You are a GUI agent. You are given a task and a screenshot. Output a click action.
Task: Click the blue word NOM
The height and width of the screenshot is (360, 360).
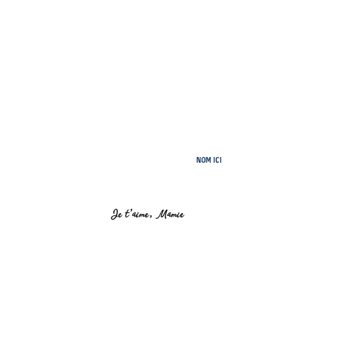[x=204, y=160]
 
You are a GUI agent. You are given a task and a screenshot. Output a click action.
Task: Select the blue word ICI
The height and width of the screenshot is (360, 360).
[x=217, y=160]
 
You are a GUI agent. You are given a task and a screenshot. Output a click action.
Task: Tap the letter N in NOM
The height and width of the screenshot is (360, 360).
[x=198, y=160]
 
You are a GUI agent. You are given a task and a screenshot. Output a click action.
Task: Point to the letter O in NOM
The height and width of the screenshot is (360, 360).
[x=203, y=160]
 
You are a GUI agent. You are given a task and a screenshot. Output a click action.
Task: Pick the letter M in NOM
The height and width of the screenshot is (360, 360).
[x=208, y=160]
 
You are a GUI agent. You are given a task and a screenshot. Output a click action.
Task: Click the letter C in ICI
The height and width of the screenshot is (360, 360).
[x=217, y=160]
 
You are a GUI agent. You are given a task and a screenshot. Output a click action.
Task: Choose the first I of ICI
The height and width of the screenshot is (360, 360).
[x=214, y=160]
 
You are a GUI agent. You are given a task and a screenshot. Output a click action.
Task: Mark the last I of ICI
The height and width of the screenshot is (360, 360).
[x=221, y=160]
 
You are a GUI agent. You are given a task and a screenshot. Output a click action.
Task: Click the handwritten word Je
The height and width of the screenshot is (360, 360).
[x=117, y=214]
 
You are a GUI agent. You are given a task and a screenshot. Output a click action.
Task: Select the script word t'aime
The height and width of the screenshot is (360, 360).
[x=137, y=214]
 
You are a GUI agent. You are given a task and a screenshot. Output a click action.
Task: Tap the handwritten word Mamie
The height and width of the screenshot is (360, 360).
[x=171, y=214]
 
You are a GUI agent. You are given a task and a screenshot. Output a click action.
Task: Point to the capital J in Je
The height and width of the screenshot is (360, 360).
[x=114, y=214]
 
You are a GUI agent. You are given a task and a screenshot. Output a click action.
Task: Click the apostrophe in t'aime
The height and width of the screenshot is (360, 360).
[x=131, y=211]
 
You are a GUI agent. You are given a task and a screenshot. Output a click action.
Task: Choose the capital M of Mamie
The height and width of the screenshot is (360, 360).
[x=162, y=214]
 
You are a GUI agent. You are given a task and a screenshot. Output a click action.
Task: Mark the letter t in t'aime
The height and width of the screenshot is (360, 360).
[x=127, y=213]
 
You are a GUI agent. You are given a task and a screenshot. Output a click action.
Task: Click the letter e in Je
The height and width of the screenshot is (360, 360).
[x=120, y=215]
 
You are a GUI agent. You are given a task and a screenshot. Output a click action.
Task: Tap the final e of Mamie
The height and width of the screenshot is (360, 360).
[x=182, y=215]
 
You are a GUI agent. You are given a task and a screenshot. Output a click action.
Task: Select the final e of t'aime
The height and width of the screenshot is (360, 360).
[x=147, y=215]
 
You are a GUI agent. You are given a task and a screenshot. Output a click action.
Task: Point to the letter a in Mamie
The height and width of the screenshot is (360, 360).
[x=170, y=215]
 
